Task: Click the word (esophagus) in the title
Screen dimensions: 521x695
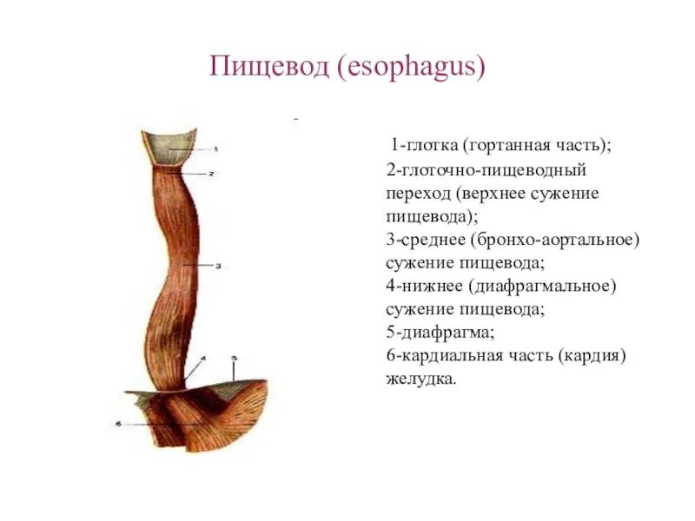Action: point(404,68)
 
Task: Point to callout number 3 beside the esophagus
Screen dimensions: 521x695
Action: point(217,265)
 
